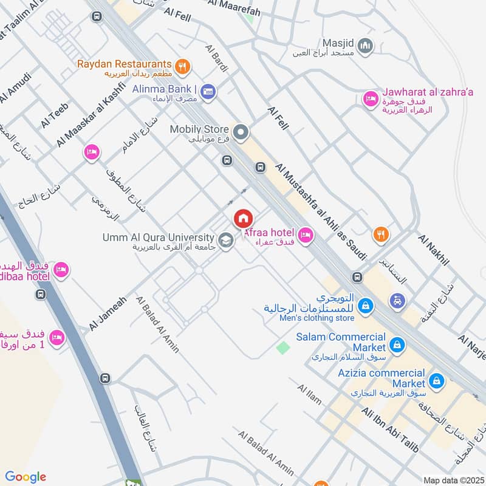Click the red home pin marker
pos(243,218)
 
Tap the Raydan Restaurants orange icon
pos(180,66)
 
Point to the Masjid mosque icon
pos(366,45)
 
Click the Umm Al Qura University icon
pos(226,241)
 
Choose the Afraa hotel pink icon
pos(306,234)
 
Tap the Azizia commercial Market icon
pos(436,382)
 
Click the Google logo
pos(26,477)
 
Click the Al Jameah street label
pos(107,313)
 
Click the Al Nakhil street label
pos(433,249)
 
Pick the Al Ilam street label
pos(309,394)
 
